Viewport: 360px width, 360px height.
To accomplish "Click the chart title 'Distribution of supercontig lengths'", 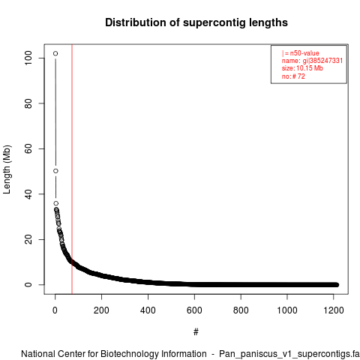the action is [196, 22].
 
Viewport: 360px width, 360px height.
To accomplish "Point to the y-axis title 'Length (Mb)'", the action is [7, 169].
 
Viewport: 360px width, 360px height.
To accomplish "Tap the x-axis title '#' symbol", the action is [196, 332].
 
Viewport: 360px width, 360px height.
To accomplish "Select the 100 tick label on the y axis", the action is [28, 58].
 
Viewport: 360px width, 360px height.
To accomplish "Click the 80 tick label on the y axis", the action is [28, 103].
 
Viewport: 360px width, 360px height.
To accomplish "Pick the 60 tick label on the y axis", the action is [28, 148].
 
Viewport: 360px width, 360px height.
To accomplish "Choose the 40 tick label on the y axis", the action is [28, 194].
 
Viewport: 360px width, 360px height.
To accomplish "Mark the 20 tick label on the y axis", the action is [28, 239].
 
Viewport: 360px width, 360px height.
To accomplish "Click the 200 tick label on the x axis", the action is [101, 310].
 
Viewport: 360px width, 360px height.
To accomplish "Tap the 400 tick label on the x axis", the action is [148, 310].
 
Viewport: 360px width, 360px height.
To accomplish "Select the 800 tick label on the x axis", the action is [241, 310].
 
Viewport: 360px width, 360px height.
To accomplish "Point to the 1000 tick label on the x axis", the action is [287, 310].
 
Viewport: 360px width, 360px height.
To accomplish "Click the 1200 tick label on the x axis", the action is [334, 310].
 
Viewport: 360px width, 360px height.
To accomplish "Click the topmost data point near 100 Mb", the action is [55, 53].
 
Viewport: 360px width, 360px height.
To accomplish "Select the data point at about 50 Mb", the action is [55, 171].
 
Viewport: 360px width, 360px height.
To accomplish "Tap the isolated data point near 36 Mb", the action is [56, 203].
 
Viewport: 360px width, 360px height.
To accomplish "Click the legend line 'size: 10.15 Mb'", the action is [302, 68].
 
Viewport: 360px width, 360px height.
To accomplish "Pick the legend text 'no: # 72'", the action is [293, 76].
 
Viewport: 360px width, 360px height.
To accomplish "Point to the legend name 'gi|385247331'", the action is [322, 61].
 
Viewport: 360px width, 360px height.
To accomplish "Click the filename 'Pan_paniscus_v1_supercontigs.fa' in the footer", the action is [289, 354].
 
